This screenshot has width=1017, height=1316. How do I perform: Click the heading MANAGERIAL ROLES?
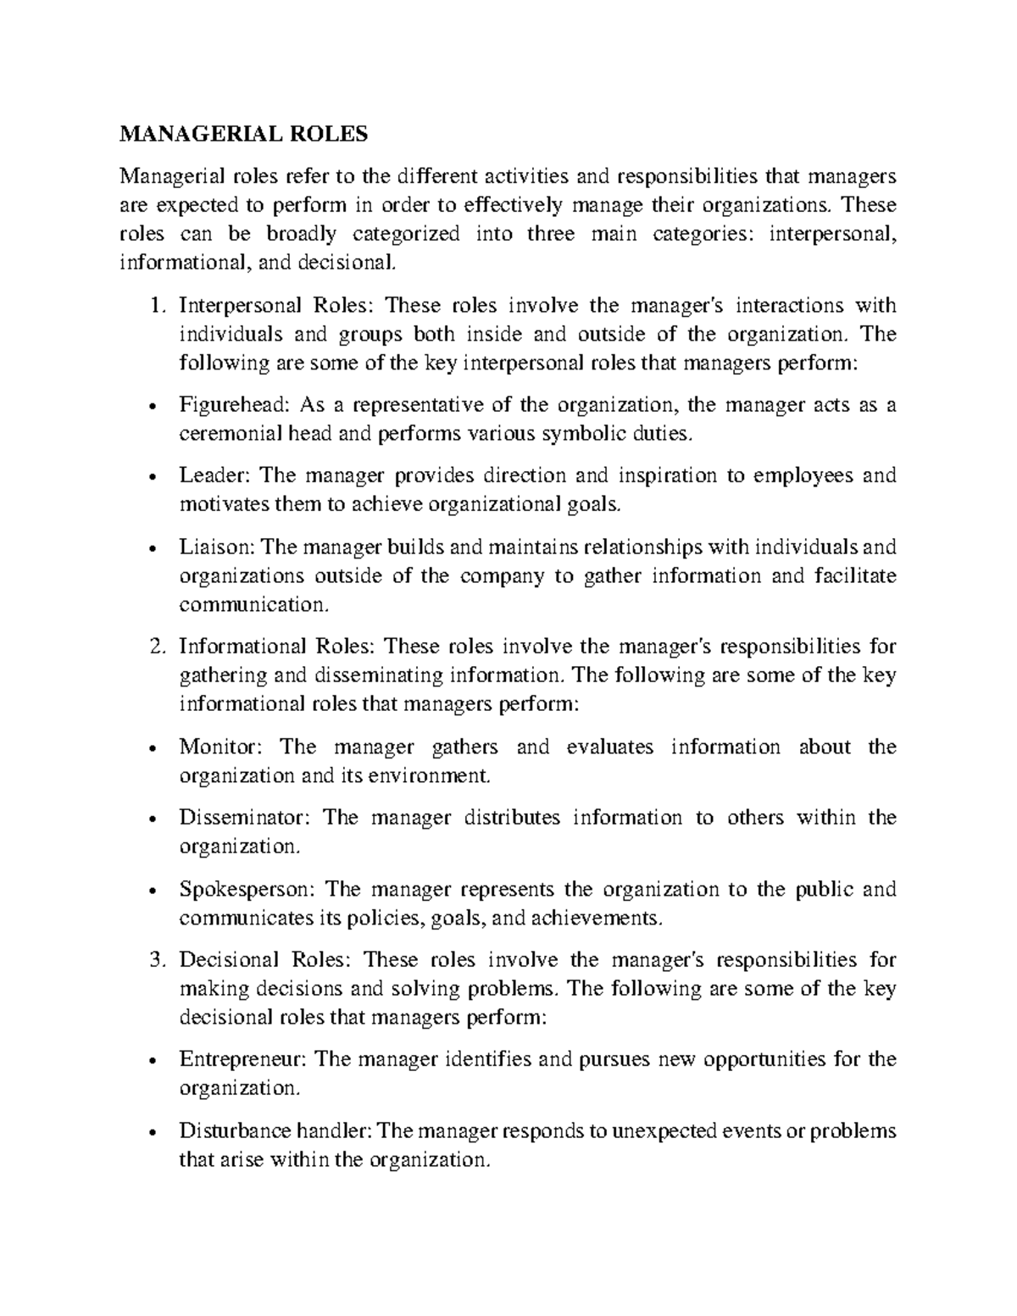tap(244, 134)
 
